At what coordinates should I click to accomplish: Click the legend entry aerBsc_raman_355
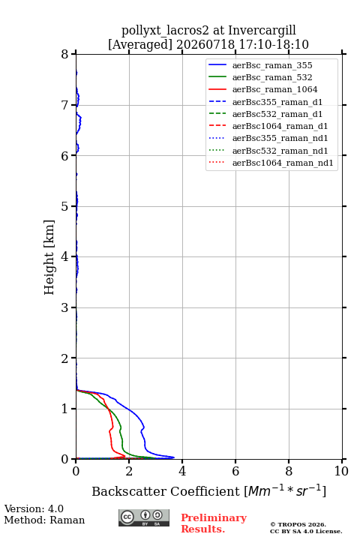pos(272,65)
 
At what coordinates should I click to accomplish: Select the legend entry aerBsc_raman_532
pos(272,77)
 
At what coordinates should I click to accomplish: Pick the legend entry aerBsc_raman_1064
pos(274,89)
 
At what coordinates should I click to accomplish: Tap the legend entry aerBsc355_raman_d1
pos(277,102)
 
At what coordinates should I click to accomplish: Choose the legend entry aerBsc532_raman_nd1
pos(280,151)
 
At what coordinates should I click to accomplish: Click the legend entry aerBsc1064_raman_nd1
pos(283,163)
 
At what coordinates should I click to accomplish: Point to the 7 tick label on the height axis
pos(64,105)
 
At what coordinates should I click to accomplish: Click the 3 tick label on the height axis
pos(64,307)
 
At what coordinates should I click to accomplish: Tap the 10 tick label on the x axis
pos(341,471)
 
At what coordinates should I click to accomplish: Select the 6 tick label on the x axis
pos(235,471)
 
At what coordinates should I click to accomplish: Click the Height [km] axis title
pos(49,257)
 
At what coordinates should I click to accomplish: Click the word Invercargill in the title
pos(262,30)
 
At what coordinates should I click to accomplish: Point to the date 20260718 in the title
pos(205,44)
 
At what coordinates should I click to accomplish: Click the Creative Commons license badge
pos(144,517)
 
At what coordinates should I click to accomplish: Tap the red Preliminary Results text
pos(214,523)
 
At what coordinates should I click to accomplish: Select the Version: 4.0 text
pos(34,508)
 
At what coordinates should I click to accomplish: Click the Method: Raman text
pos(44,520)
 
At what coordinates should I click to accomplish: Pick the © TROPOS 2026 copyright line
pos(298,524)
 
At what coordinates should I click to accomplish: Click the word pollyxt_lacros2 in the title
pos(165,30)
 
